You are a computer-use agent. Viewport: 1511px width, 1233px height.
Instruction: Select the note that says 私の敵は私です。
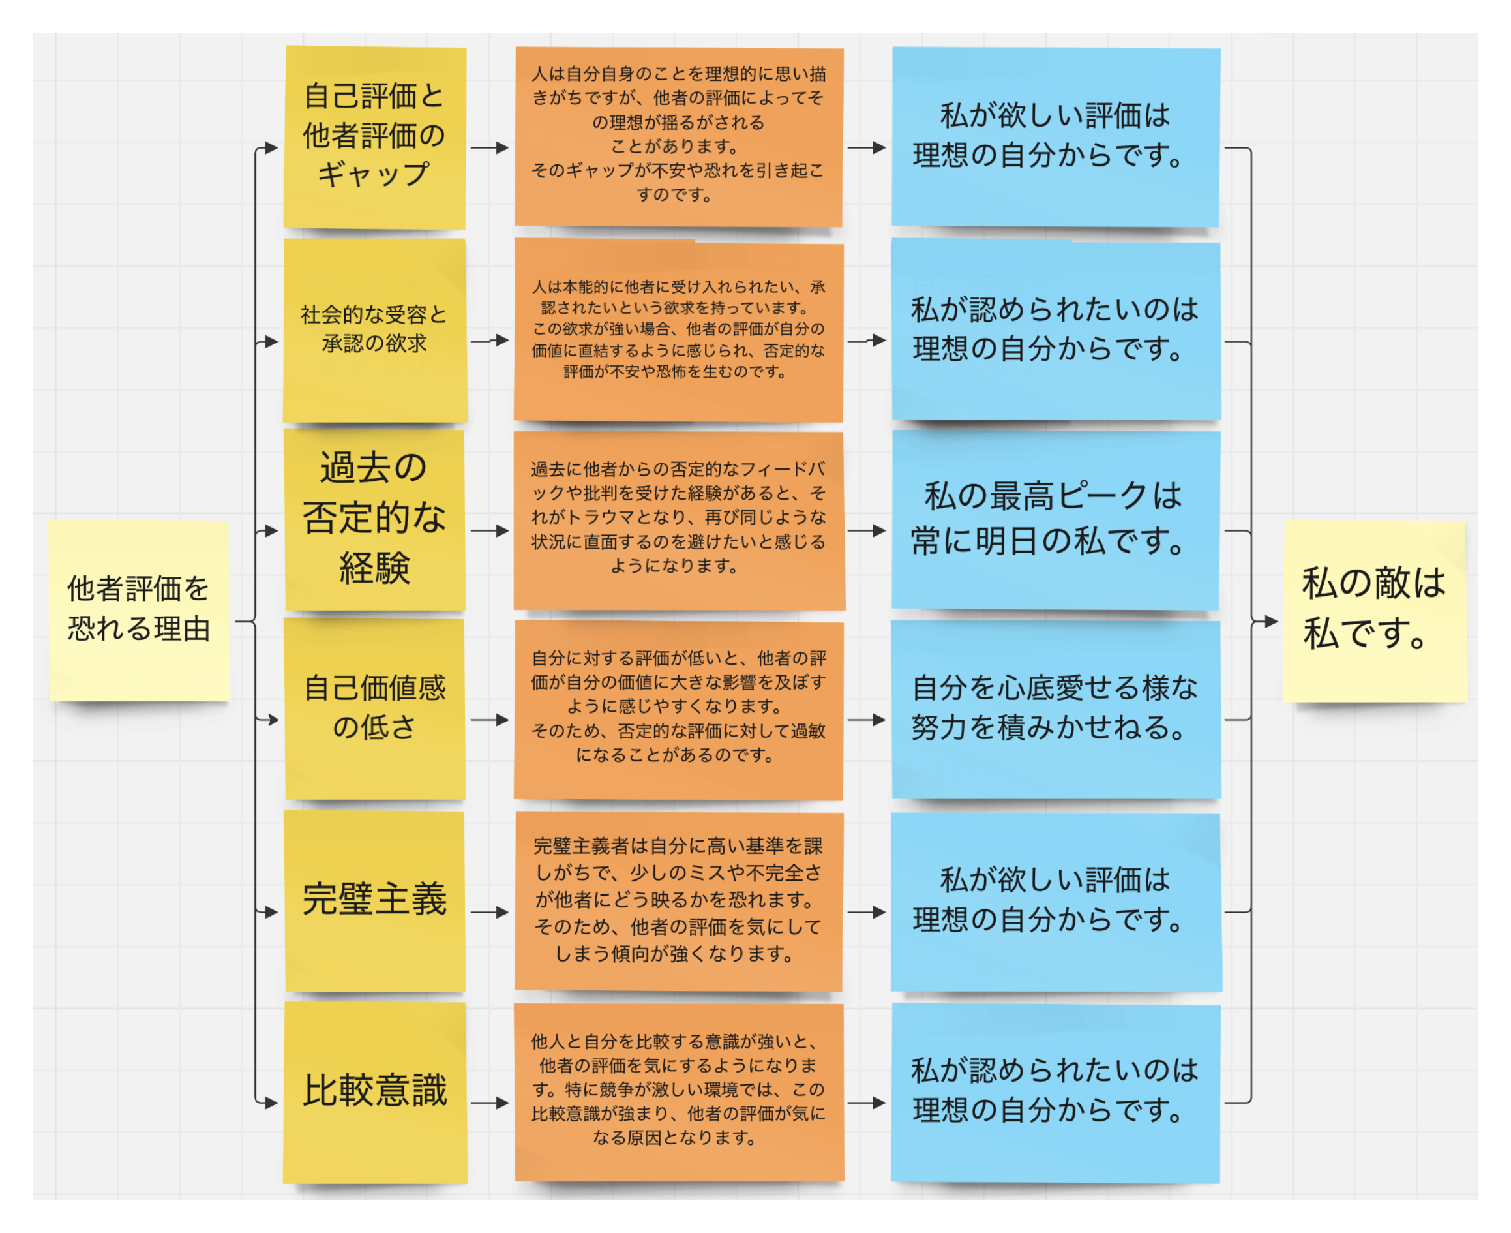(1374, 611)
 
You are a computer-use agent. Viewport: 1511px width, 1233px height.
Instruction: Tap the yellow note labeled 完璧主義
(374, 900)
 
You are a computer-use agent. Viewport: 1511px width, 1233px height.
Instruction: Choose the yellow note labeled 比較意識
(374, 1092)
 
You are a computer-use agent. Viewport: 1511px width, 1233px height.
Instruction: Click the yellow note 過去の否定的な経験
(374, 519)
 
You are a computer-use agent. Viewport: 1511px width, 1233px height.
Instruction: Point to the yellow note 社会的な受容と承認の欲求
(374, 330)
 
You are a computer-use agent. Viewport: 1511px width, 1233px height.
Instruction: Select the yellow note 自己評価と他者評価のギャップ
(374, 137)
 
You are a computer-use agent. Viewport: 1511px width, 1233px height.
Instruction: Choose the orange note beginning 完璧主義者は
(678, 900)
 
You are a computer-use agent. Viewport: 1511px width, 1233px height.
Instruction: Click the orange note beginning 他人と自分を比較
(678, 1092)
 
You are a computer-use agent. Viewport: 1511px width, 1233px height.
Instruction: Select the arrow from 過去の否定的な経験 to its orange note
(490, 530)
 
